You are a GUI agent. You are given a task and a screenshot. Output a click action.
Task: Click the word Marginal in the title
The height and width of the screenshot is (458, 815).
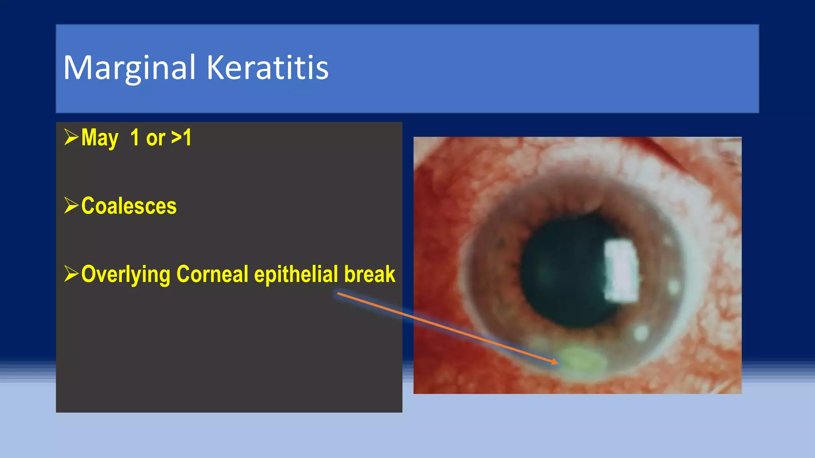(x=129, y=68)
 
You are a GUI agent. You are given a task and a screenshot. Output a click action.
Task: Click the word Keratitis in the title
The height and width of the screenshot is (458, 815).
(x=267, y=68)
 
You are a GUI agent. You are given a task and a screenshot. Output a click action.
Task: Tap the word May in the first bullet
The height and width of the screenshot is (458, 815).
(x=99, y=138)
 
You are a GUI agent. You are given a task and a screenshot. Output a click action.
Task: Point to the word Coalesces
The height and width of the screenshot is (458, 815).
(x=129, y=206)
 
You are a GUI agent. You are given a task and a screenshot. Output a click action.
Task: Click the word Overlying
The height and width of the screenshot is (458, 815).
(x=126, y=274)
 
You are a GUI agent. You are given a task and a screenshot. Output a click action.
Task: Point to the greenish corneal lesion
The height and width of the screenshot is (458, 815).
(x=583, y=360)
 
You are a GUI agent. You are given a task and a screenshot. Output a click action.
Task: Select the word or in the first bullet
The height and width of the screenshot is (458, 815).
(x=155, y=138)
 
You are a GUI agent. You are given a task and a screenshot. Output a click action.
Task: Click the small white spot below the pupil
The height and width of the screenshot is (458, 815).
(x=641, y=332)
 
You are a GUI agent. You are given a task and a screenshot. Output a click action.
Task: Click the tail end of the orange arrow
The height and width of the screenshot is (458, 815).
(x=338, y=294)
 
